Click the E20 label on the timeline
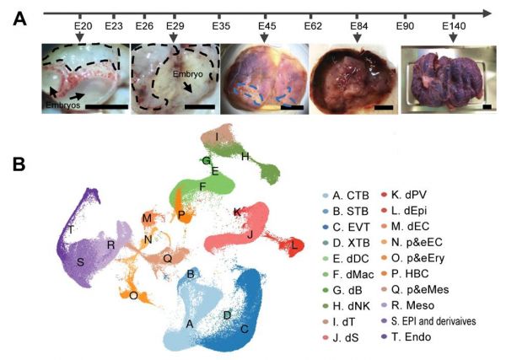[82, 26]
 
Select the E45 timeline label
[267, 26]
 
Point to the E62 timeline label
[313, 26]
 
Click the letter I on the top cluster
[218, 136]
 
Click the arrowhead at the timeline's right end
[487, 13]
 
